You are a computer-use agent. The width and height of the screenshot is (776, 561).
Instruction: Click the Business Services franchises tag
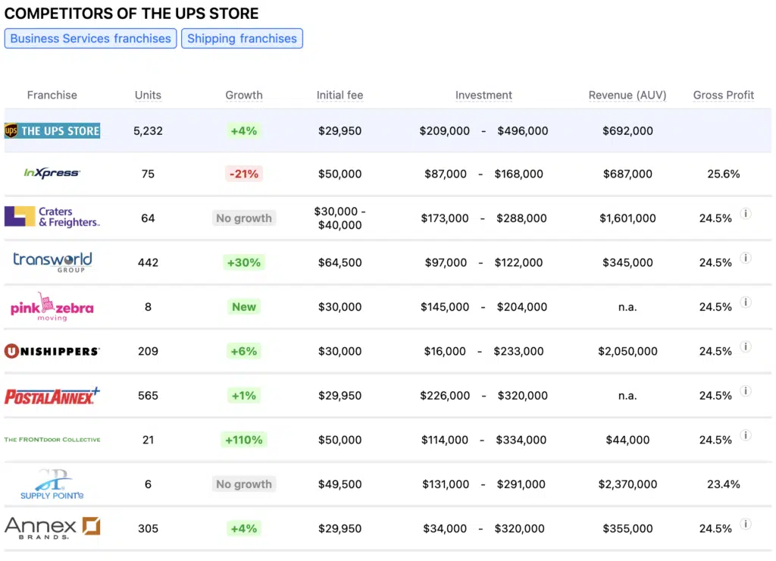91,39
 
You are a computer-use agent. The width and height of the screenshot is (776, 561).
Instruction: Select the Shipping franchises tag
242,39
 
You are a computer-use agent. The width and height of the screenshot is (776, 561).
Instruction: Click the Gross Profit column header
723,96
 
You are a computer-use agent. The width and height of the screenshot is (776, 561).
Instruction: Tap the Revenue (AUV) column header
627,96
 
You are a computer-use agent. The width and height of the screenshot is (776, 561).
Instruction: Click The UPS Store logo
52,131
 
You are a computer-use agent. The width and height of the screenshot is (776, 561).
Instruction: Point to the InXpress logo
52,174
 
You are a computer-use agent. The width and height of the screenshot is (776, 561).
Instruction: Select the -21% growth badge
243,174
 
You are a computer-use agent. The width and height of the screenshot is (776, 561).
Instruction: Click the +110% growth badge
243,440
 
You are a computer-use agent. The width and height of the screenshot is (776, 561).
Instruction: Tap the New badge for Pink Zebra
244,307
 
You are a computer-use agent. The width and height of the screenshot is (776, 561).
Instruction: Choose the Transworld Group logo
52,262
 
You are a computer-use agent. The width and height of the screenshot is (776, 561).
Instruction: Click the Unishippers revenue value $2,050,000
627,351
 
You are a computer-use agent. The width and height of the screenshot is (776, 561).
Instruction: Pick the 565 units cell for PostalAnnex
148,396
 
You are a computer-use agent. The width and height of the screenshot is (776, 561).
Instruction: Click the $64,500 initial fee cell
339,262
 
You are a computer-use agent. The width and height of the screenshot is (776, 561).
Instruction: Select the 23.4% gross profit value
723,484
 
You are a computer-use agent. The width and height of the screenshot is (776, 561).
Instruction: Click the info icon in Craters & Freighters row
746,214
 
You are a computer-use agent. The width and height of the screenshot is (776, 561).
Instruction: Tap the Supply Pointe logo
52,484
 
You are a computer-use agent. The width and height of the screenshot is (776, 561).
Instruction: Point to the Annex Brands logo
52,528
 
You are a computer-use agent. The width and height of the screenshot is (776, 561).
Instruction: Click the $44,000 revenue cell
627,440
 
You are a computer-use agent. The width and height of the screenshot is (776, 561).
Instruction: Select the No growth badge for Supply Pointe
244,484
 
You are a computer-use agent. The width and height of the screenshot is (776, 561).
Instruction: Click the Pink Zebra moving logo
52,307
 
